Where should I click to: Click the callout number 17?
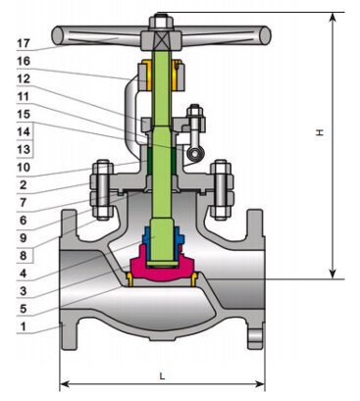tap(24, 43)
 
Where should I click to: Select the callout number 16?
tap(24, 61)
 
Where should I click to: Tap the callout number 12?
tap(24, 78)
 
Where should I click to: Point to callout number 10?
tap(24, 168)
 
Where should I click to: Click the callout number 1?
tap(23, 326)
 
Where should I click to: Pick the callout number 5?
tap(23, 309)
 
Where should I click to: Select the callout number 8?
tap(23, 255)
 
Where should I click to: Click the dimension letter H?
tap(320, 132)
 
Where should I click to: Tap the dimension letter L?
tap(162, 376)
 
